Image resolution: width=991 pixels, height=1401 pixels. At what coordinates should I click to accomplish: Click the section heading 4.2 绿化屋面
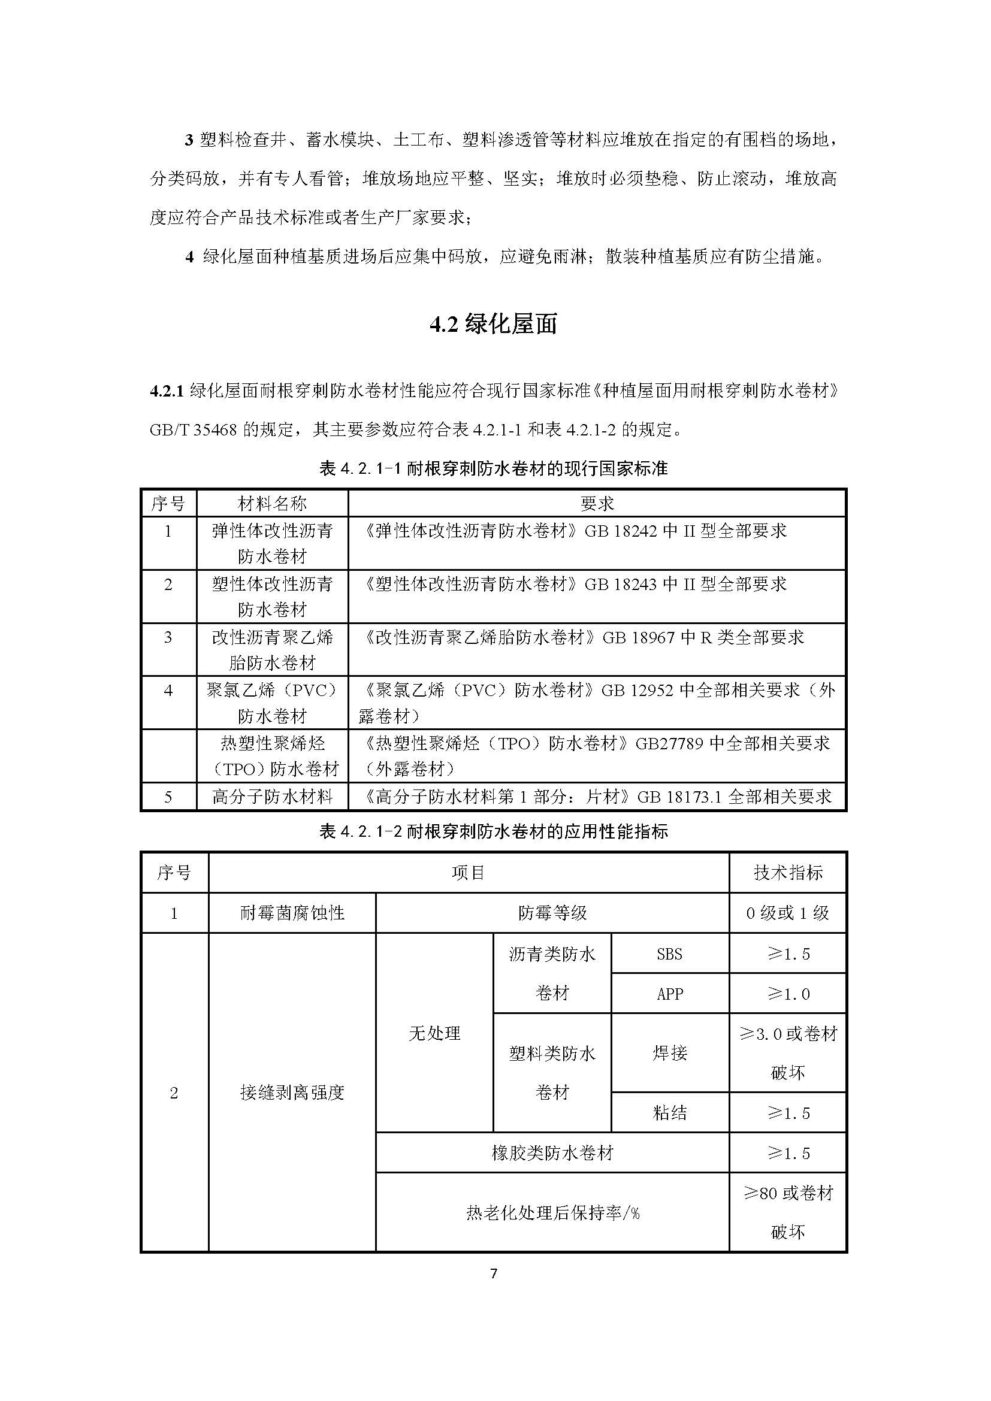494,325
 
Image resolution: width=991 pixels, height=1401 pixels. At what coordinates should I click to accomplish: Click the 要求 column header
597,503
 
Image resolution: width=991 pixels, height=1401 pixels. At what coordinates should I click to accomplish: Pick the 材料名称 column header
272,503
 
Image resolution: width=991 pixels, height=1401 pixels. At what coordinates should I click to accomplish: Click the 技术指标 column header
788,873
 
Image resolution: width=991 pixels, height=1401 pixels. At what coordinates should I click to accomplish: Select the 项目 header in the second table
469,873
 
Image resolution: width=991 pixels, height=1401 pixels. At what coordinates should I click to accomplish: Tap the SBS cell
669,954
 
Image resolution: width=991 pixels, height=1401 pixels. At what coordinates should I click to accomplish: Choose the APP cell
669,994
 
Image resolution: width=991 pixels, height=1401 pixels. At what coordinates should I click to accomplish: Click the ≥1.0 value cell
788,994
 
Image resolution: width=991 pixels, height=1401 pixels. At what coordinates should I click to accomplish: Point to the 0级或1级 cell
788,913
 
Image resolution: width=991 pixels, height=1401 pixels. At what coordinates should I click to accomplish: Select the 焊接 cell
669,1052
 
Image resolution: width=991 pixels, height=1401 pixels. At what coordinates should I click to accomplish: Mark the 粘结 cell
669,1113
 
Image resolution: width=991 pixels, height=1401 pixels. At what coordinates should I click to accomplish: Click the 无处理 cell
434,1033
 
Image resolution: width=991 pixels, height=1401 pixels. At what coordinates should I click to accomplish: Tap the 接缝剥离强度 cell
292,1093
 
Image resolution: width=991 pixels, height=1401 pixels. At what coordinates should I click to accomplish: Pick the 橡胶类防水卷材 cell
552,1153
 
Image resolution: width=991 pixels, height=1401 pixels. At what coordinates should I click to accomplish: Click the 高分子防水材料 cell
272,796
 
